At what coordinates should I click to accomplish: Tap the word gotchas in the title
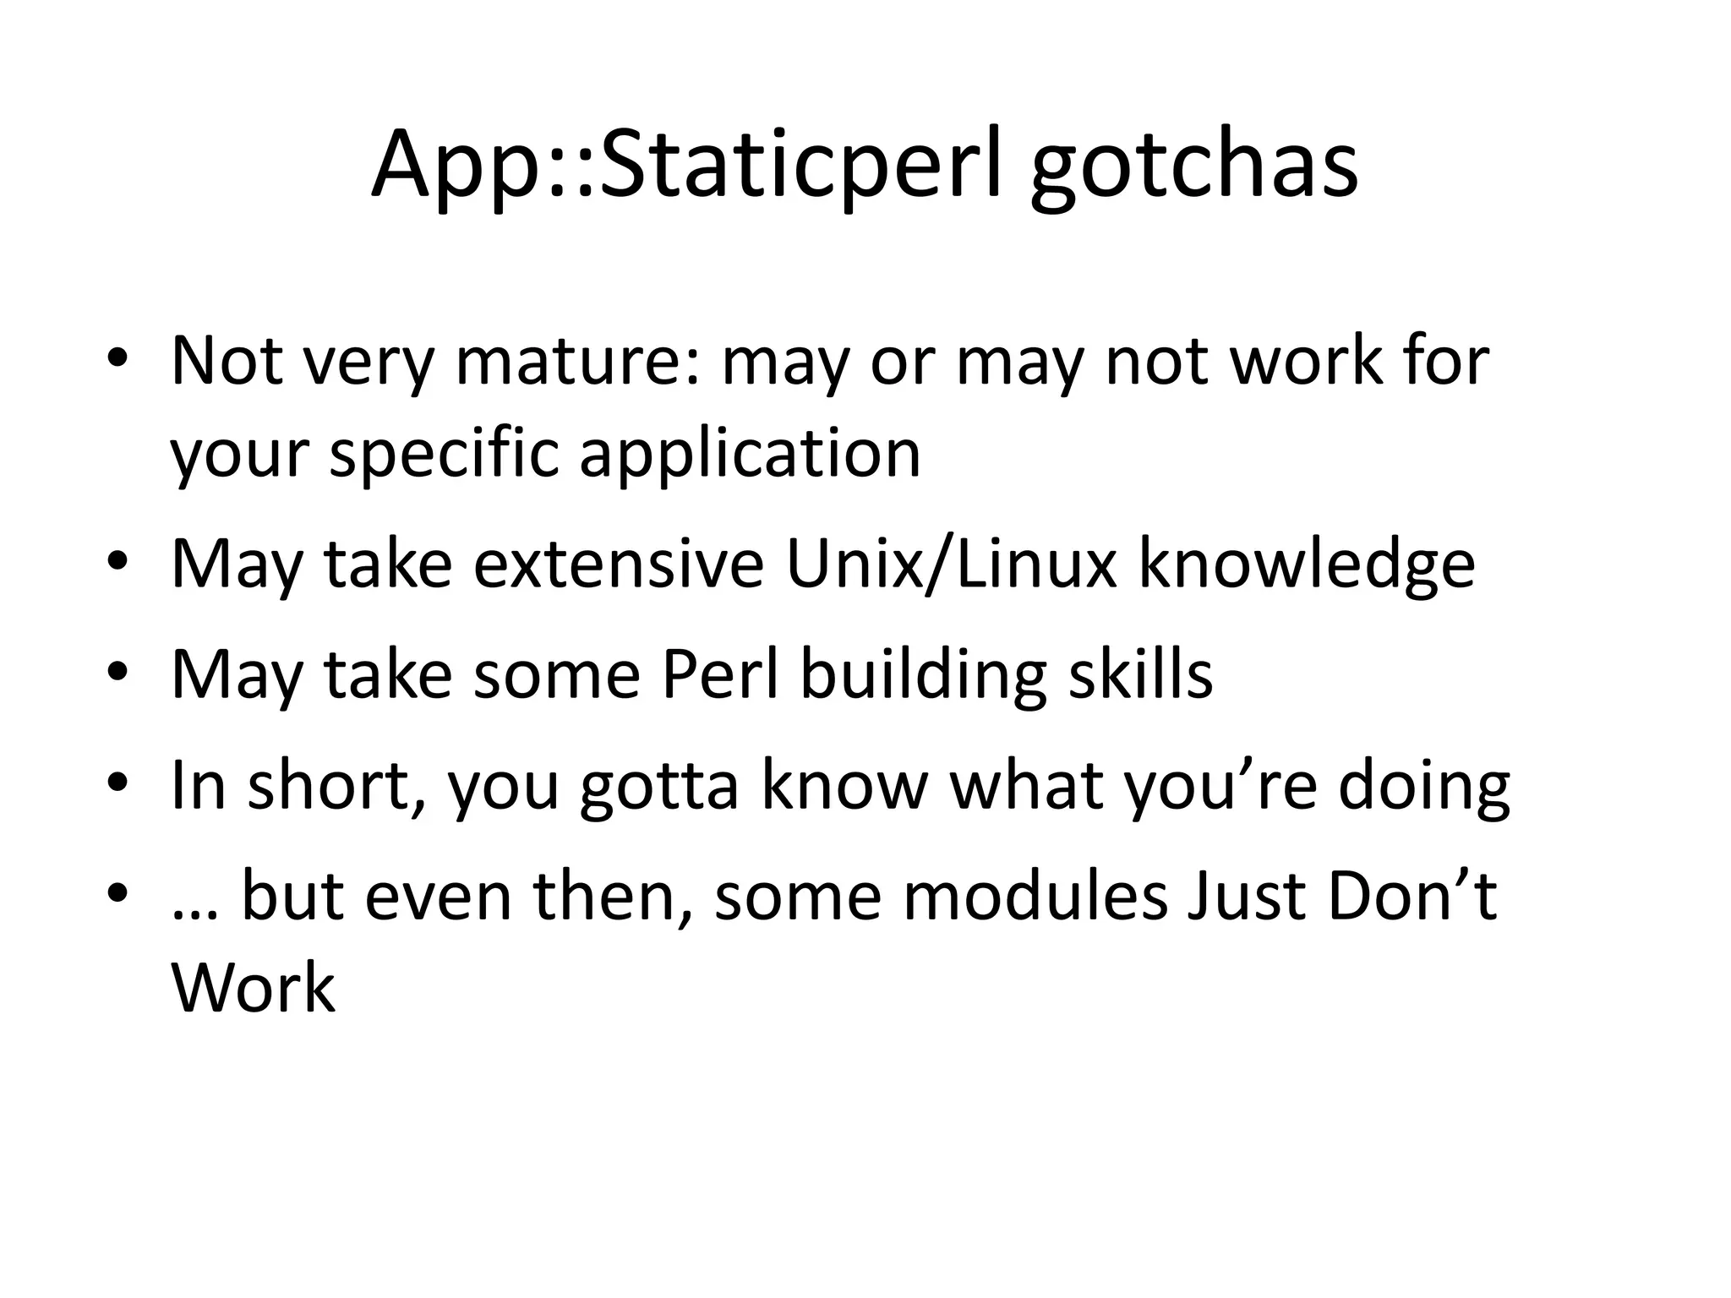1193,169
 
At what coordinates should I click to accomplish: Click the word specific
444,454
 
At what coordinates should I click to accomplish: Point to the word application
750,454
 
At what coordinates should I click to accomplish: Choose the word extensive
618,564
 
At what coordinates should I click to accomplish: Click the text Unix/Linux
952,564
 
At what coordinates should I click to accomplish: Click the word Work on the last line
253,986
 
